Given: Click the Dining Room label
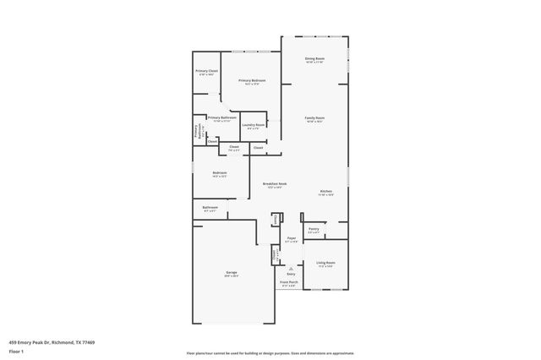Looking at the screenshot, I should pyautogui.click(x=314, y=58).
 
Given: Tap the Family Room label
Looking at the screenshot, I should pyautogui.click(x=314, y=117).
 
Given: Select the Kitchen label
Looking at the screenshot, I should pyautogui.click(x=326, y=191).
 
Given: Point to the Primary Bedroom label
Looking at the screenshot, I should pyautogui.click(x=251, y=80).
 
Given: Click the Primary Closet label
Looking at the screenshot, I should pyautogui.click(x=207, y=71).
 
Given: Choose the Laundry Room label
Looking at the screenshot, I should pyautogui.click(x=253, y=125).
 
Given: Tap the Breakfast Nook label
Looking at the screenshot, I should pyautogui.click(x=272, y=184).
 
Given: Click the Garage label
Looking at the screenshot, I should pyautogui.click(x=231, y=273).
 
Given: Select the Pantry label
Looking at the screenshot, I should pyautogui.click(x=314, y=228).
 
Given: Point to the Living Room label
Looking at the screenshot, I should pyautogui.click(x=325, y=263).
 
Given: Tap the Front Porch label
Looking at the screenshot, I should pyautogui.click(x=289, y=283).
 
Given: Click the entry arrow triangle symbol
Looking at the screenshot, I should pyautogui.click(x=291, y=267).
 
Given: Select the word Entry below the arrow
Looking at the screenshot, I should pyautogui.click(x=291, y=274).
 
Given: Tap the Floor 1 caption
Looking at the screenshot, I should pyautogui.click(x=15, y=351).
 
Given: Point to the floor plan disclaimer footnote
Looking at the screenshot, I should pyautogui.click(x=270, y=352).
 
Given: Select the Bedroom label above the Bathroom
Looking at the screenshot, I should pyautogui.click(x=219, y=173).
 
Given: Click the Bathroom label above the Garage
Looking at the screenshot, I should pyautogui.click(x=210, y=207).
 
